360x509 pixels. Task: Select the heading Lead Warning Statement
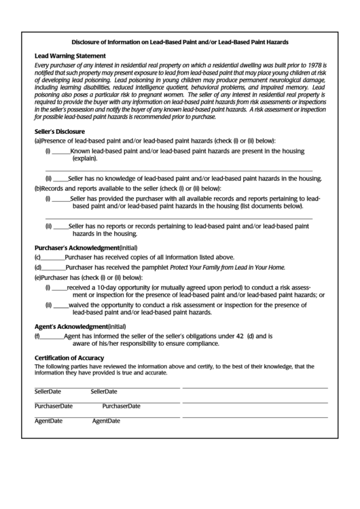pos(70,56)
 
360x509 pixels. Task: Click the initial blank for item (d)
pos(53,268)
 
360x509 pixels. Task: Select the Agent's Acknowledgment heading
pos(70,326)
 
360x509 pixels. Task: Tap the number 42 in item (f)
pos(239,336)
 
